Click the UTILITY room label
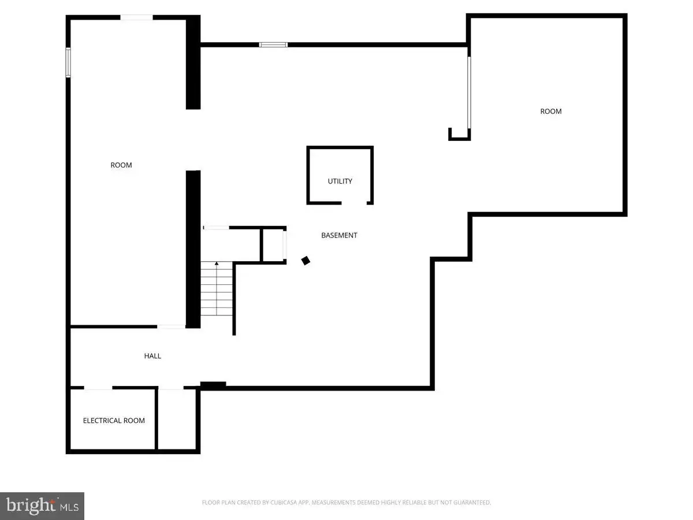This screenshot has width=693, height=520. pos(340,181)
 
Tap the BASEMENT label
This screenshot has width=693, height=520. pos(339,236)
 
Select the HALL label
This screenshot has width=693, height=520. pos(152,356)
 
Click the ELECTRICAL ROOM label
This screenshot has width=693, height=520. pos(114,421)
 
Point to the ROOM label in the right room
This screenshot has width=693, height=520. pos(550,112)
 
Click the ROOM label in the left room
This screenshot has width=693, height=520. pos(121,165)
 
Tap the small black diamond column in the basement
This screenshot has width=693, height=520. pos(305,261)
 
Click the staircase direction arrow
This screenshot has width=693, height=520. pos(217,288)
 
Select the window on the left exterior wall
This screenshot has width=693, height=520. pos(68,62)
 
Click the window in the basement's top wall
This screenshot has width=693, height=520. pos(273,45)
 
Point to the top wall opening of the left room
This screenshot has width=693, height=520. pos(136,17)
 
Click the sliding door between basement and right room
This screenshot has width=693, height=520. pos(469,92)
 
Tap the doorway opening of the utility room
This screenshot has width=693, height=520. pos(354,203)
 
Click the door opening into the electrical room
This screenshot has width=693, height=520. pos(98,388)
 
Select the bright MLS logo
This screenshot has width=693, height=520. pos(42,506)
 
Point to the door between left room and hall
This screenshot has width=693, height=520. pos(171,327)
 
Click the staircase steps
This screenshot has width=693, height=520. pos(217,288)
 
